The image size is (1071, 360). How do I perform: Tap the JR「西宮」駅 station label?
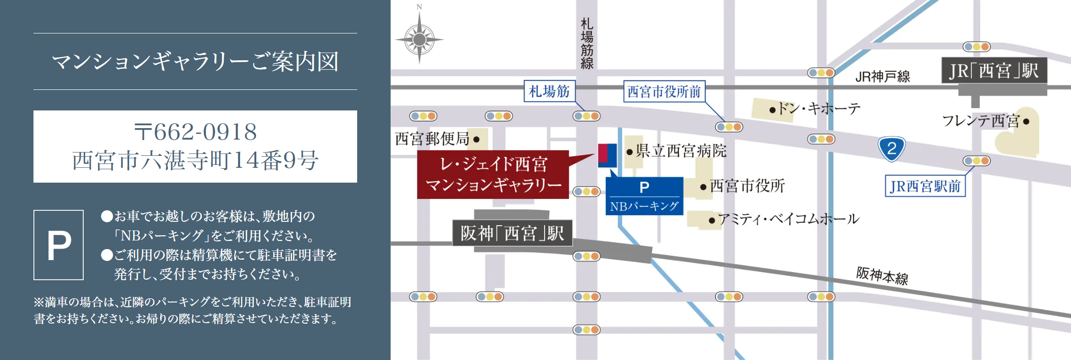tap(994, 71)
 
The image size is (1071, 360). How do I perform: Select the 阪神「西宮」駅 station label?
tap(512, 233)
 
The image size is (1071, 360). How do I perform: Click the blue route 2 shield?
tap(891, 149)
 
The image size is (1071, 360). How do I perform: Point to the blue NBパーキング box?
tap(644, 196)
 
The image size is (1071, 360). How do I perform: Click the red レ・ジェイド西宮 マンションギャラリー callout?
tap(493, 175)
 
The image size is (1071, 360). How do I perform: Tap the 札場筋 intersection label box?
tap(549, 91)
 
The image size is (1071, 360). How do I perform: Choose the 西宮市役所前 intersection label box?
tap(664, 91)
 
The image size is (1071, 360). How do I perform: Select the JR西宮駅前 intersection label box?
tap(925, 186)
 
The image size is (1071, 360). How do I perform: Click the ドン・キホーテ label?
tap(818, 109)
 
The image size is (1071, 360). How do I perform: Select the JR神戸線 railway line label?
tap(882, 76)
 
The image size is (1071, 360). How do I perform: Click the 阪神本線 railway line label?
tap(882, 276)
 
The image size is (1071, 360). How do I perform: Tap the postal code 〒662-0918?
tap(195, 132)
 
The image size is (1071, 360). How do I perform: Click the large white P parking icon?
tap(59, 245)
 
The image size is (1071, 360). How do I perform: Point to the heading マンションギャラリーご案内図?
tap(195, 62)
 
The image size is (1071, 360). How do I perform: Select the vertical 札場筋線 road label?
tap(587, 44)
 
